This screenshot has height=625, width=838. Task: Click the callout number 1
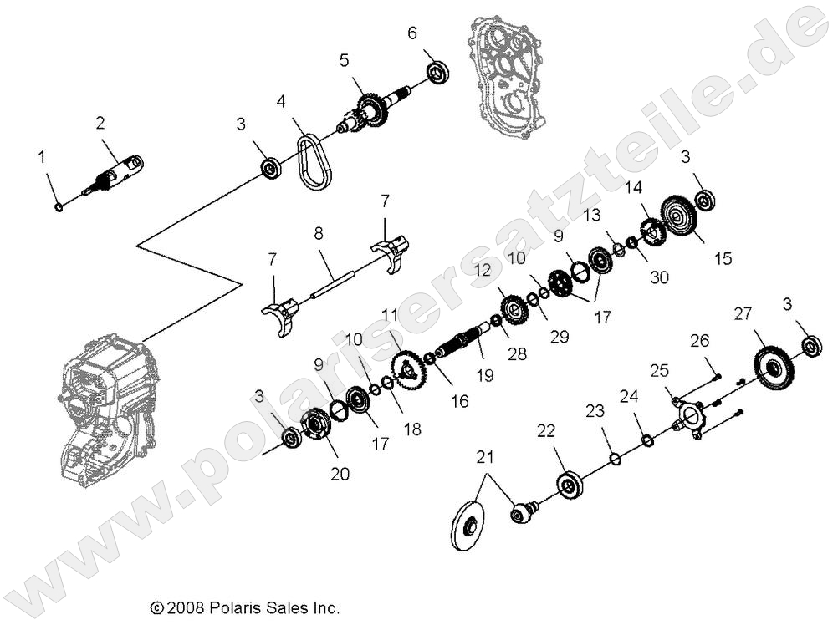coord(41,156)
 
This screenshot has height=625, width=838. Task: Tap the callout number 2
coord(100,124)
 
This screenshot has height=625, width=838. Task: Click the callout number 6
coord(411,34)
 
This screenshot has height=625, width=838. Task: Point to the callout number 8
coord(319,236)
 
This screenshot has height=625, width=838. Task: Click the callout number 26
coord(699,341)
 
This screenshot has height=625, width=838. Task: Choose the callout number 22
coord(545,431)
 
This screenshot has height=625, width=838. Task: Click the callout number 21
coord(486,457)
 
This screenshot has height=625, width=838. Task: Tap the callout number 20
coord(339,474)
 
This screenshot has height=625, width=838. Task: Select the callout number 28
coord(518,353)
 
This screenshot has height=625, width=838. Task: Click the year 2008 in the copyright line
coord(183,609)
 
